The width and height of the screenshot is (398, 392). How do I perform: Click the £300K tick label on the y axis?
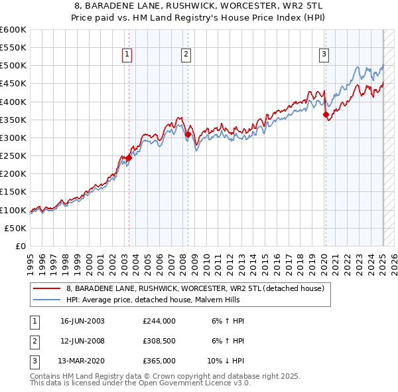click(13, 138)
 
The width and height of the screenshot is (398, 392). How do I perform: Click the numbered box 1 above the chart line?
click(127, 55)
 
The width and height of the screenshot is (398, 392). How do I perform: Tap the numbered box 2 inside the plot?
click(186, 55)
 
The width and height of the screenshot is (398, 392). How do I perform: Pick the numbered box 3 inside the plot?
click(324, 55)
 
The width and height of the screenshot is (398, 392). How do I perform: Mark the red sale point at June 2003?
click(129, 158)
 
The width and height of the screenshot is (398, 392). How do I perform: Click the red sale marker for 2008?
click(188, 135)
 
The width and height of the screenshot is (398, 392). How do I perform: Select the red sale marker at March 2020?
click(326, 114)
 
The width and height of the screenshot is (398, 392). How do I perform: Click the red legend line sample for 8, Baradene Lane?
click(46, 288)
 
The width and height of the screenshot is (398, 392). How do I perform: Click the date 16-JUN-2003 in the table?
click(82, 321)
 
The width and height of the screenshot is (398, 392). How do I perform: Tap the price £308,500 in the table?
click(159, 341)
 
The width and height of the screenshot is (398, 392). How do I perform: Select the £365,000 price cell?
click(159, 361)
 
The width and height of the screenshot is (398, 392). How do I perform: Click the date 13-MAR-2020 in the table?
click(82, 361)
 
